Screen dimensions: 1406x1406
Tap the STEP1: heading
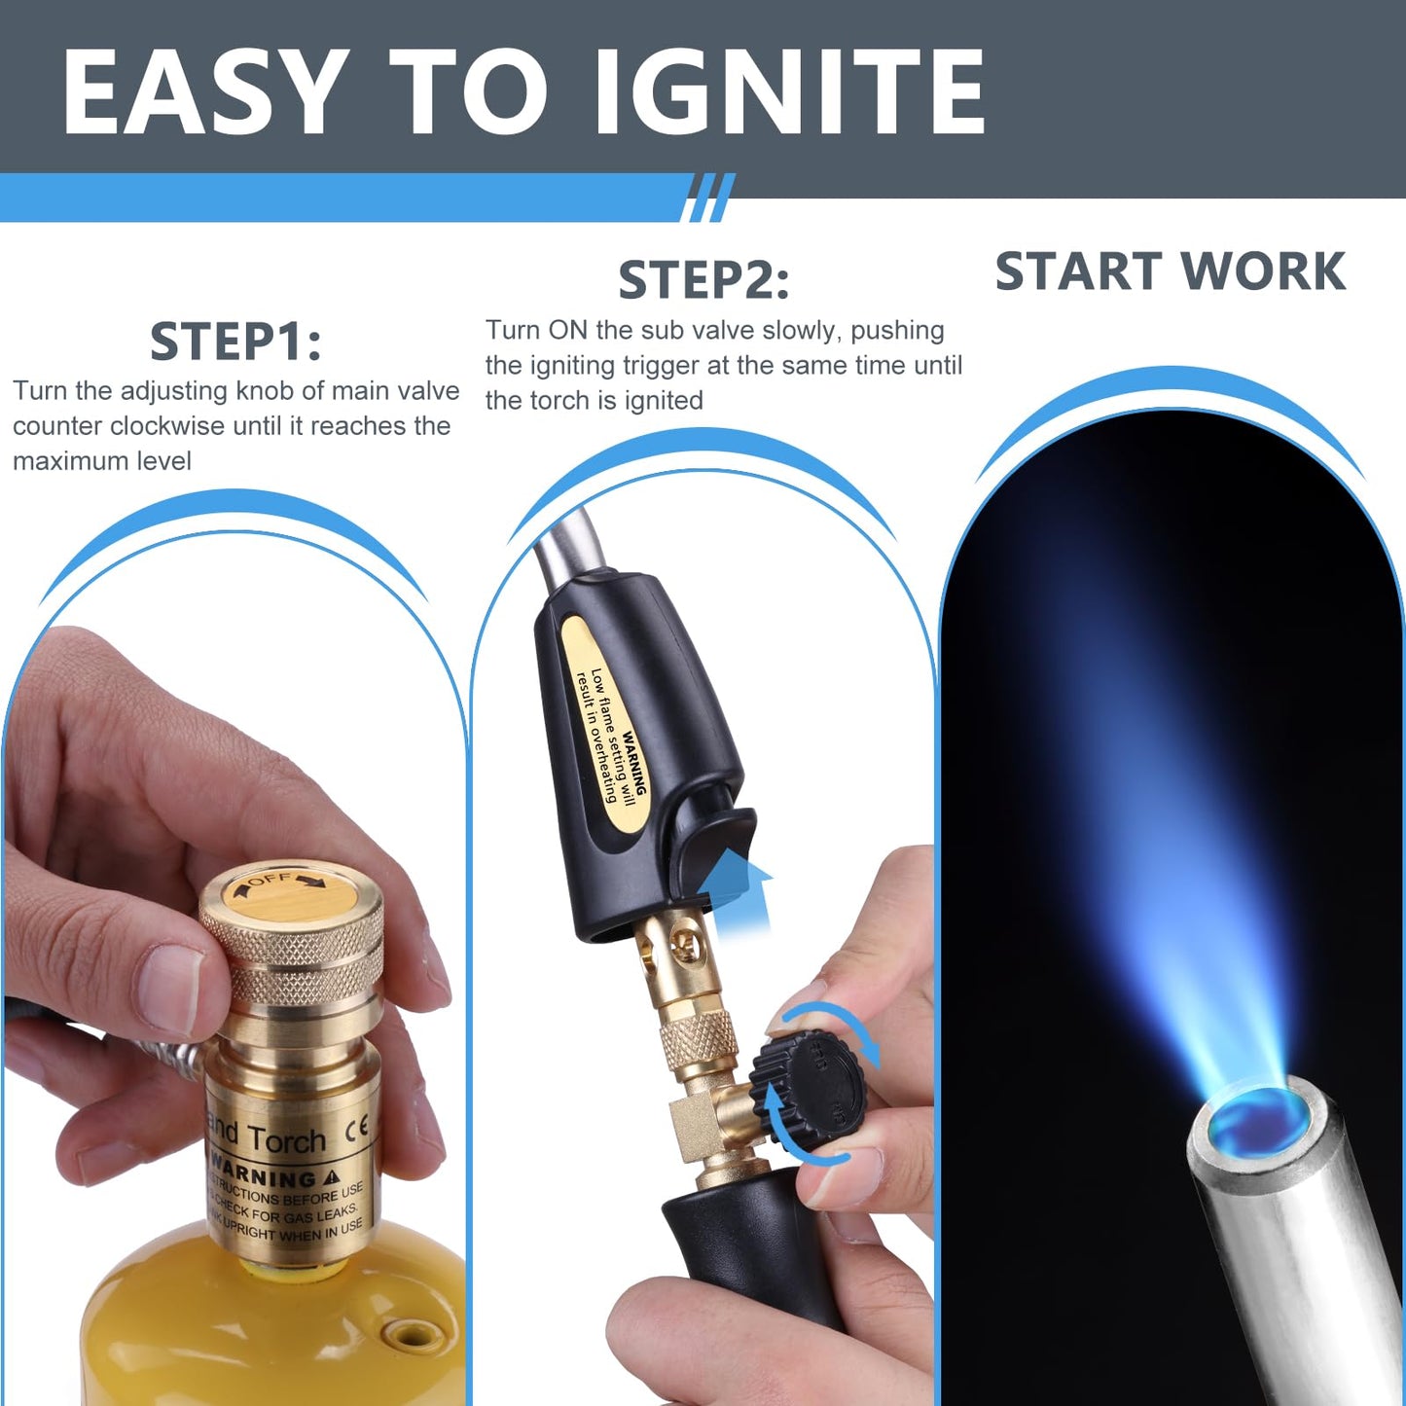tap(235, 342)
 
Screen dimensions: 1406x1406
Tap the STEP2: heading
tap(703, 280)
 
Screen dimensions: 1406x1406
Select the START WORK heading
tap(1170, 271)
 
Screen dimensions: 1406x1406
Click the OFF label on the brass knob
tap(270, 880)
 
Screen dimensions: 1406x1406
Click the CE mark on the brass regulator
tap(358, 1128)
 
